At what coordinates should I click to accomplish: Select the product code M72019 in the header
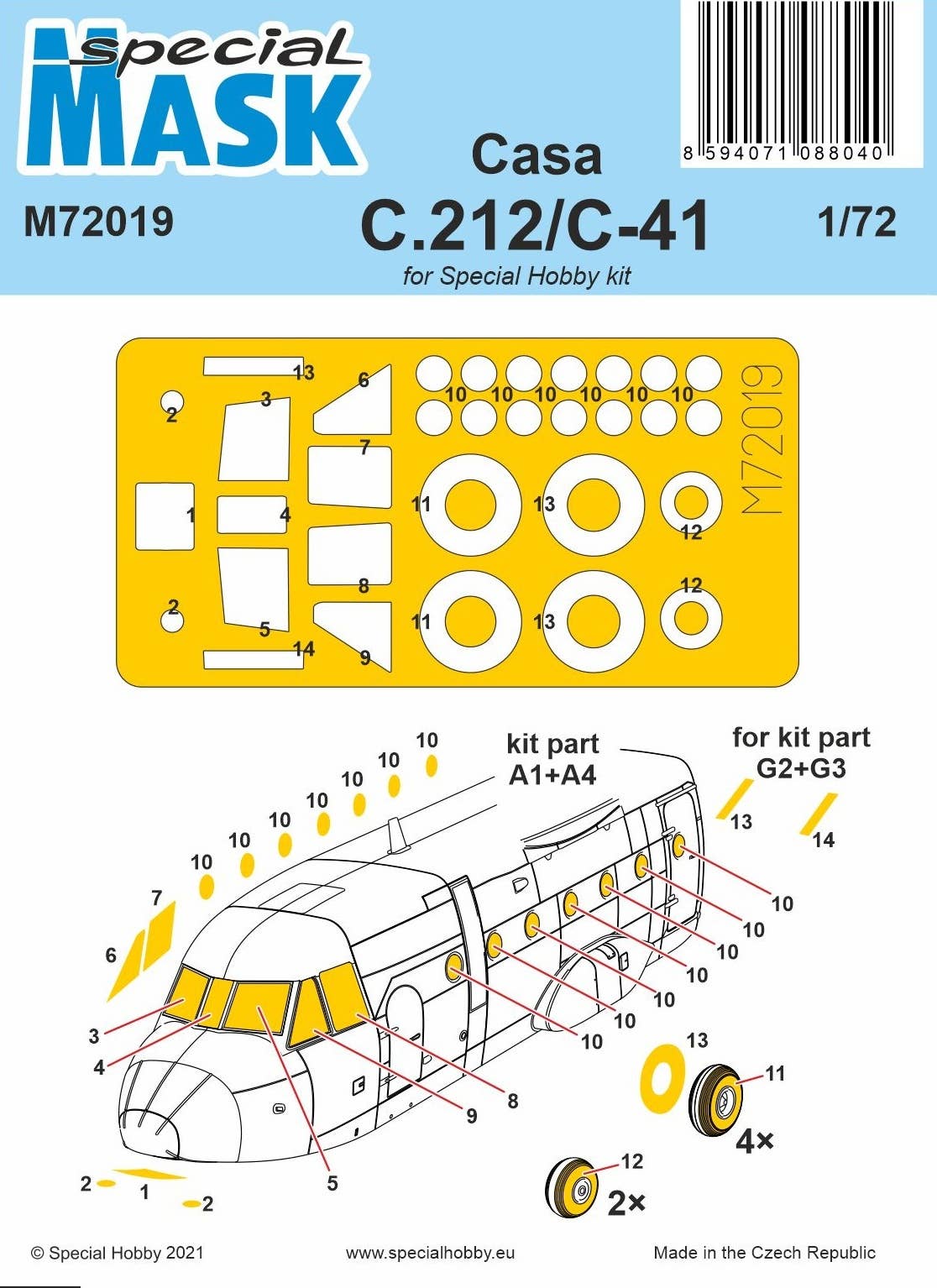(99, 222)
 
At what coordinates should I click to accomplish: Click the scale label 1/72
(856, 222)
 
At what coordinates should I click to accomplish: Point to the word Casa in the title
(537, 155)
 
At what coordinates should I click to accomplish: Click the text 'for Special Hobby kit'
(516, 276)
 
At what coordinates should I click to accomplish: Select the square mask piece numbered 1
(165, 516)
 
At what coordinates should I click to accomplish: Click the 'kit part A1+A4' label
(552, 758)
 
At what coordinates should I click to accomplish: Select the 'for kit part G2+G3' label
(801, 752)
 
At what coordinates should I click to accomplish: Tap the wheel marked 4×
(716, 1099)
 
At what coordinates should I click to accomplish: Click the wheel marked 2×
(573, 1187)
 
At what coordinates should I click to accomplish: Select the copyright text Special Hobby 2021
(117, 1253)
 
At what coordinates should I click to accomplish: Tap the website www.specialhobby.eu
(430, 1253)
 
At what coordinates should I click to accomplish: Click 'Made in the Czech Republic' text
(764, 1253)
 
